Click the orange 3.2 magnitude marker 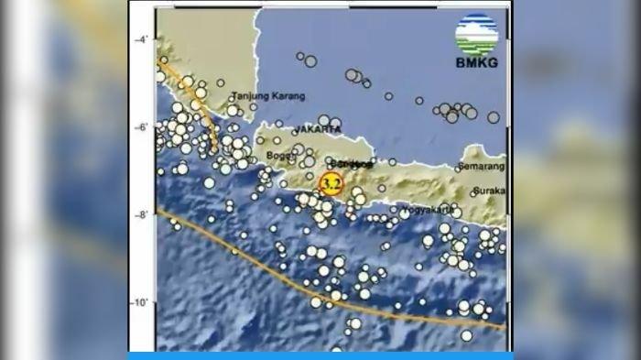click(331, 183)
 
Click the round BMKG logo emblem click(477, 34)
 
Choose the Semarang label click(483, 168)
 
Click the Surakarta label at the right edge click(490, 192)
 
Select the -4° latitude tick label click(143, 40)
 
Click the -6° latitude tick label click(143, 127)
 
